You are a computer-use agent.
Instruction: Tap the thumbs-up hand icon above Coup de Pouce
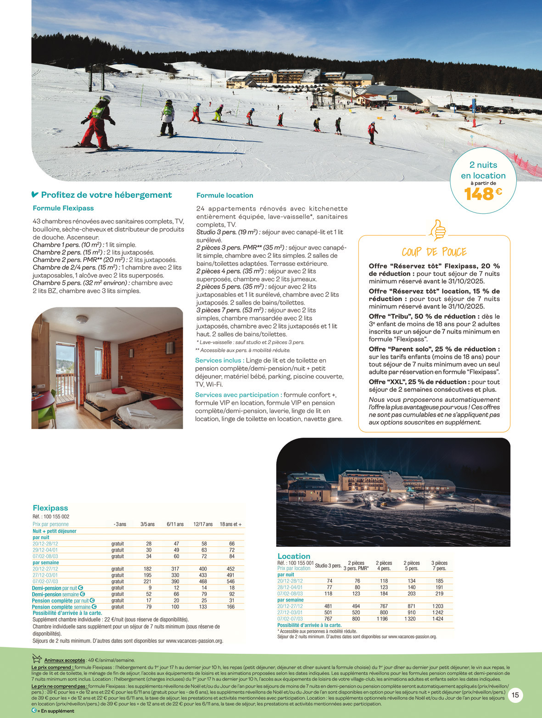tap(437, 230)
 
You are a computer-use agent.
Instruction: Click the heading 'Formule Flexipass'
tap(63, 208)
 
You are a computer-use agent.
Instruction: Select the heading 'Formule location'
tap(224, 195)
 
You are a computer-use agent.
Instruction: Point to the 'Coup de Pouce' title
tap(434, 252)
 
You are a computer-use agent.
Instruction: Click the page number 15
tap(515, 696)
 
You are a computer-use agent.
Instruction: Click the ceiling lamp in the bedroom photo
tap(82, 319)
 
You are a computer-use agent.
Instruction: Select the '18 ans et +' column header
tap(230, 524)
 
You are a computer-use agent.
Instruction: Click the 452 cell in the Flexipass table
tap(232, 569)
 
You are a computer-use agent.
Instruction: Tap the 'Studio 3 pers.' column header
tap(328, 566)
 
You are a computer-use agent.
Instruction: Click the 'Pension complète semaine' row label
tap(61, 607)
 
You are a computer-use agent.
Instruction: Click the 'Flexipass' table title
tap(50, 508)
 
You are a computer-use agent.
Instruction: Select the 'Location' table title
tap(294, 556)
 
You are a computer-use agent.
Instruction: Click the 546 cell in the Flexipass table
tap(232, 581)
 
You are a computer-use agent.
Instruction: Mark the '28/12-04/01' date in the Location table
tap(290, 587)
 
